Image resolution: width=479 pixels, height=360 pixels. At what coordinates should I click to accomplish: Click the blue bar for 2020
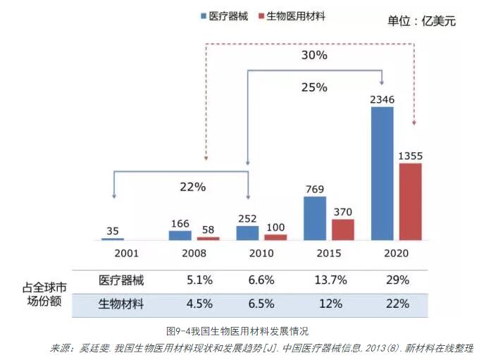382,173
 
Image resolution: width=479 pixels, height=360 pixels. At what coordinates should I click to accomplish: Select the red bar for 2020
410,201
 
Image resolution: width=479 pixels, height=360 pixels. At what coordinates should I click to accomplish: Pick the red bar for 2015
343,229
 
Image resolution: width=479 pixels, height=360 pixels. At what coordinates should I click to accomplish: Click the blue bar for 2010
247,232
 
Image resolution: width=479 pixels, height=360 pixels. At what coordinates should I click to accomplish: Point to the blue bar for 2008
180,235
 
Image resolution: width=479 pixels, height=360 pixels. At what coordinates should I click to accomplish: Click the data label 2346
382,99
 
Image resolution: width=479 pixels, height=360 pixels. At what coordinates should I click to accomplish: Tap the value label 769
315,188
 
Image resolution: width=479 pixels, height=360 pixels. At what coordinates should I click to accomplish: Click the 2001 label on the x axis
113,252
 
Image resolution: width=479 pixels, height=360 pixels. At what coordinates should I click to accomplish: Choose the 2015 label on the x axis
329,252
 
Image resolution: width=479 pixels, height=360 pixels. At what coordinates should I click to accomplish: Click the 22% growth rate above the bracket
192,187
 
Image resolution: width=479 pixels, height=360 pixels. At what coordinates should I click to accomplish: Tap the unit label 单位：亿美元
422,21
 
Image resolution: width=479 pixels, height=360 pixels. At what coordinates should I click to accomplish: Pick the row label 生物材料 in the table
121,304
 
